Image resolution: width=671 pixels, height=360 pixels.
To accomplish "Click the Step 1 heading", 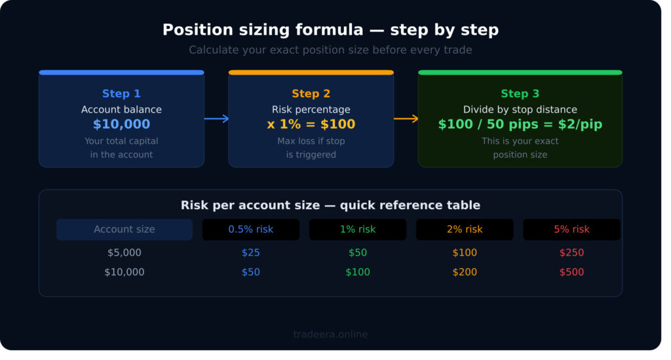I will (121, 94).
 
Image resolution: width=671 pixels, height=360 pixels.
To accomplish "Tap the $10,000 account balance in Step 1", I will (121, 125).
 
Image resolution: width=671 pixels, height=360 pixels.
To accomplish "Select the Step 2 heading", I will (311, 94).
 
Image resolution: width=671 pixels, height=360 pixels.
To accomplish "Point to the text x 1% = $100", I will (311, 125).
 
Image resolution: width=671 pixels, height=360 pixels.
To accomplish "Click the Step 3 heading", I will (520, 94).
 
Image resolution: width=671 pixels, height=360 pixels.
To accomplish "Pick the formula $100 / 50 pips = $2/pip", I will (520, 125).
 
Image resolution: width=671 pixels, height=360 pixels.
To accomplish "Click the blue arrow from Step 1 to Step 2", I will (216, 119).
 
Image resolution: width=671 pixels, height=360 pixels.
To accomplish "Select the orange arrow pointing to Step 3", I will (406, 119).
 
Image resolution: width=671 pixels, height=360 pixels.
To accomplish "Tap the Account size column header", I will (125, 230).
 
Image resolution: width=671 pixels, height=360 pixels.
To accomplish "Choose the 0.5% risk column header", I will (250, 230).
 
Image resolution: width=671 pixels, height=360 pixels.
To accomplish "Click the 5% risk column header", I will (571, 230).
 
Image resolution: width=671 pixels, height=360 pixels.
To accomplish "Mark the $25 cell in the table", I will (250, 252).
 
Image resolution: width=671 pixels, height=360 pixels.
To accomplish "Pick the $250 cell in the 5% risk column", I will (571, 252).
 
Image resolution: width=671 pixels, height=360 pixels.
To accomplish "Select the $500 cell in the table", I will (571, 272).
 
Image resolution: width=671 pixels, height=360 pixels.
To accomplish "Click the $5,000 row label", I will (125, 252).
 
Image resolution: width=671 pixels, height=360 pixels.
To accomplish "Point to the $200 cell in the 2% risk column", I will (465, 272).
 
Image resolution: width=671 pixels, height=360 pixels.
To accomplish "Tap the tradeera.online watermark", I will (330, 334).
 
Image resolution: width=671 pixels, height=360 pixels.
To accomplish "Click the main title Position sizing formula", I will (330, 30).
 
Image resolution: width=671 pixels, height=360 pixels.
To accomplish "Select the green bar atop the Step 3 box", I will (520, 72).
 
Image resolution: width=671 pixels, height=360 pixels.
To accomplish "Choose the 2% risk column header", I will (465, 230).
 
